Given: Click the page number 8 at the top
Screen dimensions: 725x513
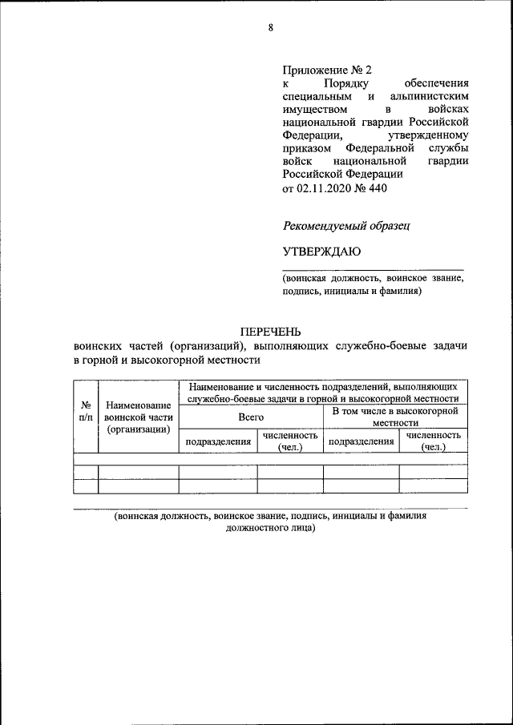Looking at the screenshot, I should click(271, 28).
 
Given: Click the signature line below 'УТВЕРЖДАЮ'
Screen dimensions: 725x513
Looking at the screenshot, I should click(373, 270).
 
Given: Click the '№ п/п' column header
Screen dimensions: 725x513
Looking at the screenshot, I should click(85, 411).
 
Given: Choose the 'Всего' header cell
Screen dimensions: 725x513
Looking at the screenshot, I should click(250, 417).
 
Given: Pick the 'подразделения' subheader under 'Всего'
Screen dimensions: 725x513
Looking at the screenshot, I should click(218, 441).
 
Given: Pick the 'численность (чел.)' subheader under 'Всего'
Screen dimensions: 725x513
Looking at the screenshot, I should click(289, 441).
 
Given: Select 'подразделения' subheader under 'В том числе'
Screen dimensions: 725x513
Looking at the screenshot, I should click(362, 441).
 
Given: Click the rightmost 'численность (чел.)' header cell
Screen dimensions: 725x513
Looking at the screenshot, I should click(433, 441).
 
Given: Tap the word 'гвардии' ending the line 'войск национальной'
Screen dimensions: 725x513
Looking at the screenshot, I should click(450, 160).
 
